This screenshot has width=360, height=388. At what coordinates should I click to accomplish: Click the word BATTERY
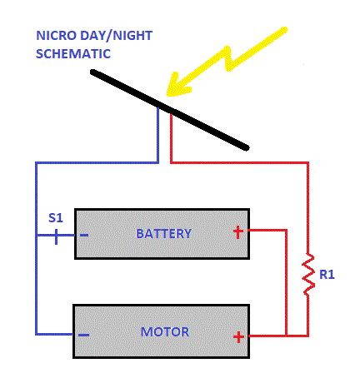(x=163, y=234)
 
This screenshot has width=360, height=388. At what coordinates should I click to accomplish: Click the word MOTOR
(x=165, y=332)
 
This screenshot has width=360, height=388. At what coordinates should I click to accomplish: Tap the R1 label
(x=327, y=275)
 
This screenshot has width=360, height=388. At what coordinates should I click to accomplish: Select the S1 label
(x=56, y=218)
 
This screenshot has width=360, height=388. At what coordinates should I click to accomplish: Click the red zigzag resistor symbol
(x=308, y=274)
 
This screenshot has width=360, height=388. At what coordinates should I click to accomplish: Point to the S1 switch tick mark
(x=57, y=236)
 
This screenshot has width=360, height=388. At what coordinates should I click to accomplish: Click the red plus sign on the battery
(x=238, y=232)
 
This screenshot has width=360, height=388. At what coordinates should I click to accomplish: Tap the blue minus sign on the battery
(x=84, y=236)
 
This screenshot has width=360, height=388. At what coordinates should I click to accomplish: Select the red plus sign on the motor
(x=238, y=337)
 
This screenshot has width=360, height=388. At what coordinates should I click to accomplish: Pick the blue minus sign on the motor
(x=83, y=335)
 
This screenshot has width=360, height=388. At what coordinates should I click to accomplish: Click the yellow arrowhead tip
(x=167, y=95)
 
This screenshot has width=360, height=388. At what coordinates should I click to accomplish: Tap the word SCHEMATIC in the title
(x=73, y=53)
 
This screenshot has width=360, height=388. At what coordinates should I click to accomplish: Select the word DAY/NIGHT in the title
(x=116, y=36)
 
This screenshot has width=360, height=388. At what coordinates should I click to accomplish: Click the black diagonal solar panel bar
(x=169, y=110)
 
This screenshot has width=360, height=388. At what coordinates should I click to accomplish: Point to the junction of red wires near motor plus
(x=286, y=336)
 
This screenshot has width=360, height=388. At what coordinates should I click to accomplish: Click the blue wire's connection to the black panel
(x=158, y=107)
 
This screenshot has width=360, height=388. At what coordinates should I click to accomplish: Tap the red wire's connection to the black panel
(x=171, y=113)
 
